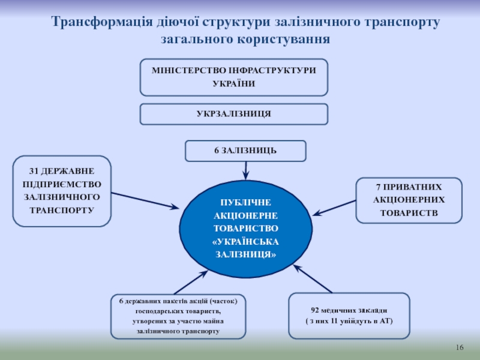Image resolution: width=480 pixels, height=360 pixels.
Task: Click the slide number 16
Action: (x=461, y=349)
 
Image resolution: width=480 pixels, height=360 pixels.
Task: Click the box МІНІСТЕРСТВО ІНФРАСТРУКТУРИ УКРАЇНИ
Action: (x=234, y=77)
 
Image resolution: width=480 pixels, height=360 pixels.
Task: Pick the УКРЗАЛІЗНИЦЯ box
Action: (x=234, y=113)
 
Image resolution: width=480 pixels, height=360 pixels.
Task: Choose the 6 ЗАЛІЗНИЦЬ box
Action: (x=245, y=151)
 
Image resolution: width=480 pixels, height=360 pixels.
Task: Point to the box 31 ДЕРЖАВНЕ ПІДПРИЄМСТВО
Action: (x=62, y=191)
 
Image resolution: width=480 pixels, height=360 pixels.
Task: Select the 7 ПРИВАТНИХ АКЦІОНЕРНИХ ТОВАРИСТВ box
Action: (x=409, y=200)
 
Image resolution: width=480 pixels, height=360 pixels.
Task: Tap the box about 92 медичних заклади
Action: (x=349, y=316)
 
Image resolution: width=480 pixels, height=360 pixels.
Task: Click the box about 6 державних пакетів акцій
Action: (x=178, y=316)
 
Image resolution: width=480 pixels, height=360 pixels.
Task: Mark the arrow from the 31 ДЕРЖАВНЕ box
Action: (x=145, y=200)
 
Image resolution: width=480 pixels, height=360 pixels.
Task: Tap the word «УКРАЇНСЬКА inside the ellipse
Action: (x=246, y=242)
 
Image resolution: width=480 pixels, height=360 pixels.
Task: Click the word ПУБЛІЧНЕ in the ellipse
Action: (x=246, y=202)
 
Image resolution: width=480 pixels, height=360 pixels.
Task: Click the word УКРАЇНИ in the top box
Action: (x=234, y=83)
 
